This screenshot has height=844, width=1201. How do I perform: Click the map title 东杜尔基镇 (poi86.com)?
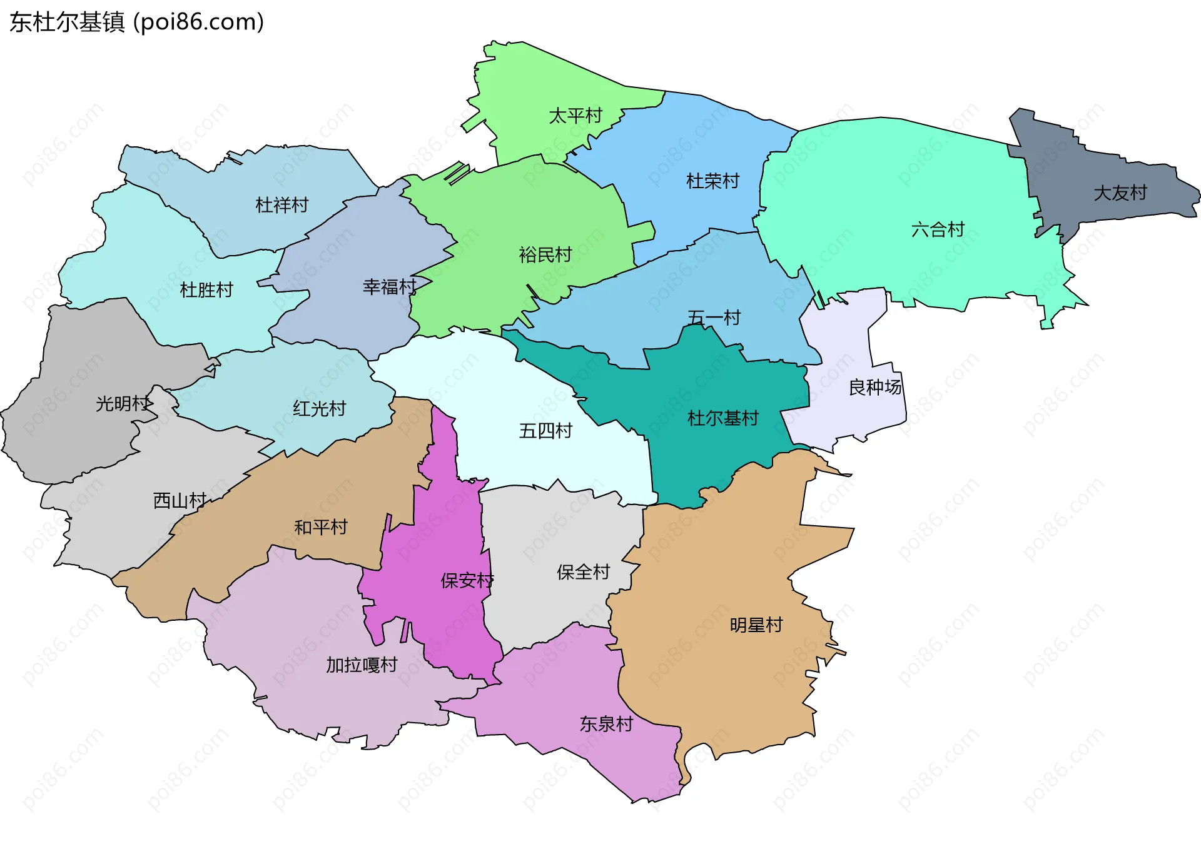[136, 22]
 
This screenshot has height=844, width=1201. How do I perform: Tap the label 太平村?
[575, 116]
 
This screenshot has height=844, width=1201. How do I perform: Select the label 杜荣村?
[712, 181]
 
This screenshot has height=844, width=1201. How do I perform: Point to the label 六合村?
[938, 229]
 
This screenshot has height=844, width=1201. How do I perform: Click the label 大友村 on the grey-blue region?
[1120, 193]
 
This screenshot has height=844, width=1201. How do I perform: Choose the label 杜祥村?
[281, 205]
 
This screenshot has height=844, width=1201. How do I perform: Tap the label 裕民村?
[545, 254]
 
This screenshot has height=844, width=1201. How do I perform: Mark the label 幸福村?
[389, 287]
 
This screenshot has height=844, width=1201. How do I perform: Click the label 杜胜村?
[206, 289]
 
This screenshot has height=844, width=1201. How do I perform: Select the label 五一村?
[714, 318]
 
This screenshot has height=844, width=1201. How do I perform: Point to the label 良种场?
[874, 388]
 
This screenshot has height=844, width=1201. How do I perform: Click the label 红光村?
[319, 409]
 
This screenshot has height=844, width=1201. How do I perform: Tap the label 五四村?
[545, 431]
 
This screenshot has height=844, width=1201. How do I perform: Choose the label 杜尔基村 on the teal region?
[722, 418]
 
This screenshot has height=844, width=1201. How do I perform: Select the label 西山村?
[180, 501]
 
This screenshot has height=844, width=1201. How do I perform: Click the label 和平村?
[320, 527]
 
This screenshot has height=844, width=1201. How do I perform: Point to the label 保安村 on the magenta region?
[467, 581]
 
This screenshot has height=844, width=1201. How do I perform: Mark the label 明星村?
[756, 625]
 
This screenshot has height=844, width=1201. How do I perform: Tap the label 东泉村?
[606, 724]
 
